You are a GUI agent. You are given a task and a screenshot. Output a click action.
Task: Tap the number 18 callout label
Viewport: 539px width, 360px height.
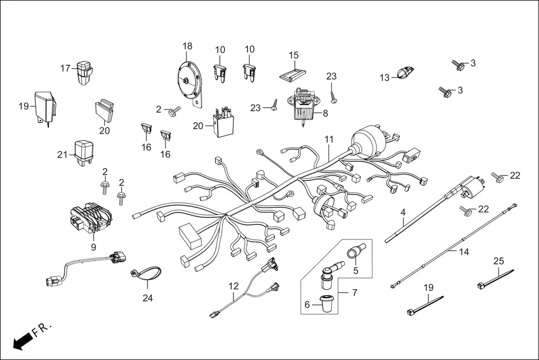click(x=187, y=46)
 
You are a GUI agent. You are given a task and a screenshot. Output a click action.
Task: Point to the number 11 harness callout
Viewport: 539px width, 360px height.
click(x=329, y=138)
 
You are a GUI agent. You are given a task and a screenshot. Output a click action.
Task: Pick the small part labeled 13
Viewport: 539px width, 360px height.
click(x=404, y=73)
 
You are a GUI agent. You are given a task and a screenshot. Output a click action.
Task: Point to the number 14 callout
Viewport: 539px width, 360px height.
click(x=464, y=252)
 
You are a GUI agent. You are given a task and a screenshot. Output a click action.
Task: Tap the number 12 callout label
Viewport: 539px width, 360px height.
click(x=233, y=286)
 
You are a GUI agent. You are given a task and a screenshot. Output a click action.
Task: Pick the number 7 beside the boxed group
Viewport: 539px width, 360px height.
click(x=354, y=292)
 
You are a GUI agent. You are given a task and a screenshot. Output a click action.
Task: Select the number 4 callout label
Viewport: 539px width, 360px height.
click(x=402, y=213)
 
